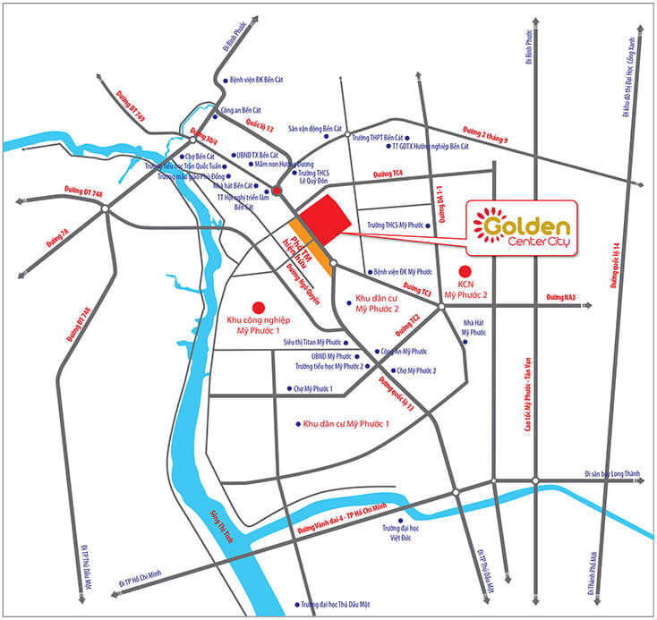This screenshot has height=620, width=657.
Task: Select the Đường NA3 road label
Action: click(562, 297)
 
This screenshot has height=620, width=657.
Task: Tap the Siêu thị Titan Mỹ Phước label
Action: click(313, 342)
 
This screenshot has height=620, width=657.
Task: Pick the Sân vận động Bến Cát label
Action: click(315, 129)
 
